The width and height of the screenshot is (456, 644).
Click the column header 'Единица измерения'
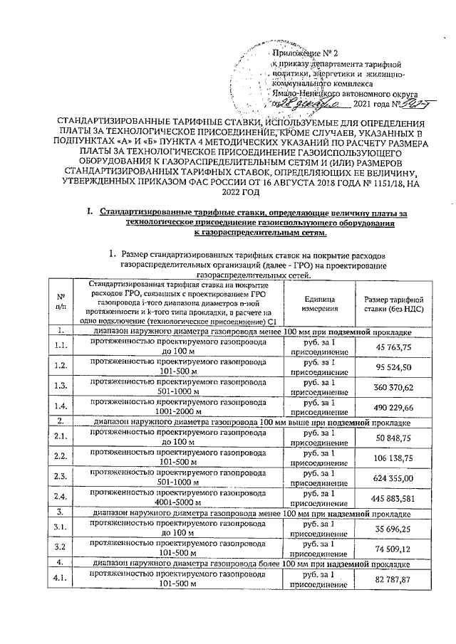click(315, 302)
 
